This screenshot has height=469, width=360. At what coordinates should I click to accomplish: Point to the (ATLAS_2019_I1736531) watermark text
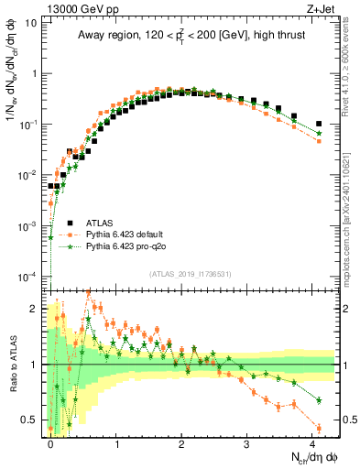pyautogui.click(x=190, y=275)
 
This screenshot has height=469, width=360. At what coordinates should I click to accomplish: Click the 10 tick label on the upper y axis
pyautogui.click(x=30, y=23)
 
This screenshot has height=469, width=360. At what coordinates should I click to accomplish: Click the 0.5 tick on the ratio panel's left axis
pyautogui.click(x=29, y=420)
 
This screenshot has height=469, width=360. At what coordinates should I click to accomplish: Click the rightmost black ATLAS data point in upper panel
pyautogui.click(x=319, y=124)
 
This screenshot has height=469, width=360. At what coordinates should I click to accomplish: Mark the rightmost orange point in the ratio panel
pyautogui.click(x=319, y=428)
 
